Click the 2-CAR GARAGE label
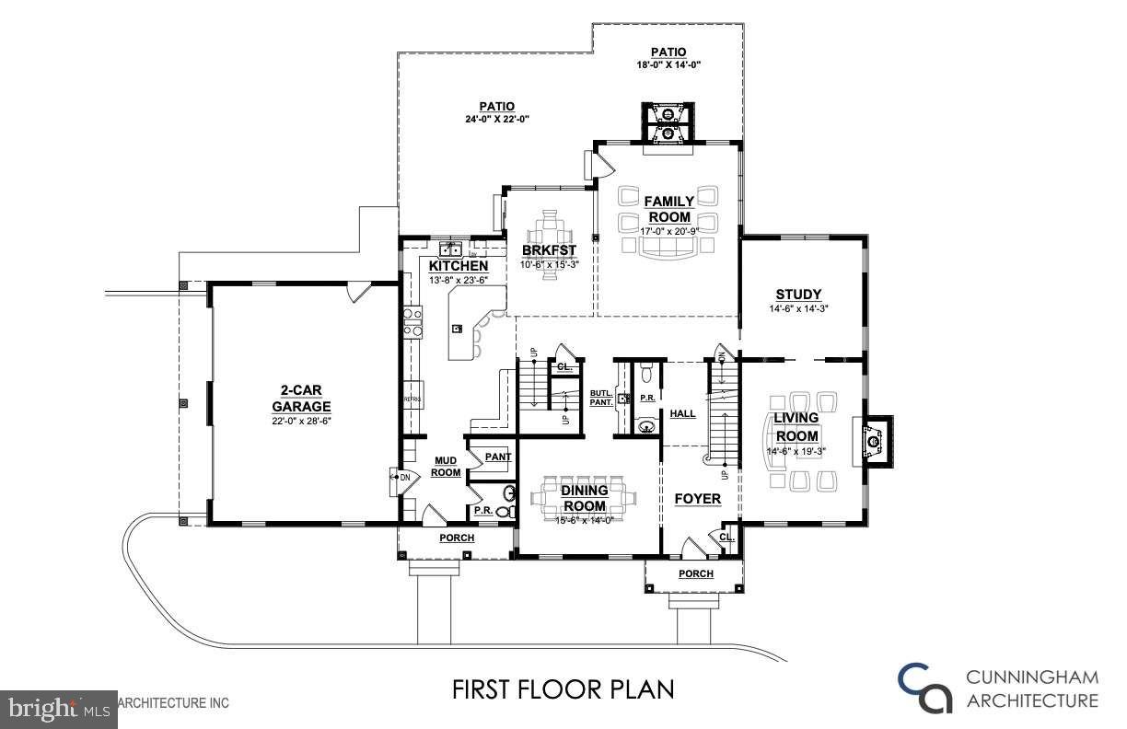point(301,399)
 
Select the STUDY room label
point(797,295)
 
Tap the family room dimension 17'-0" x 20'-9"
point(668,231)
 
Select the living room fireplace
point(874,444)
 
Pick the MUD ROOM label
point(446,466)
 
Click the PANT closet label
point(497,456)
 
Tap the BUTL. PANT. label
point(601,398)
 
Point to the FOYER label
point(697,499)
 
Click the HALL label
point(682,414)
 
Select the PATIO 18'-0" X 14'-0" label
point(668,58)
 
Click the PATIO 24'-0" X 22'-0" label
point(496,112)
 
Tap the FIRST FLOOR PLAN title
point(563,689)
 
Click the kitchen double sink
point(451,249)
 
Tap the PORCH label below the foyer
point(695,573)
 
